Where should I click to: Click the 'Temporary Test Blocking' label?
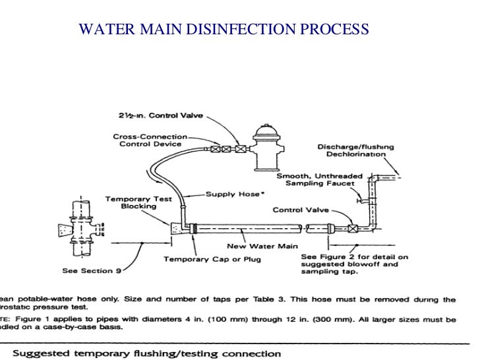click(x=132, y=202)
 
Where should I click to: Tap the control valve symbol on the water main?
click(x=353, y=229)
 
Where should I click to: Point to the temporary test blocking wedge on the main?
click(x=177, y=227)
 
